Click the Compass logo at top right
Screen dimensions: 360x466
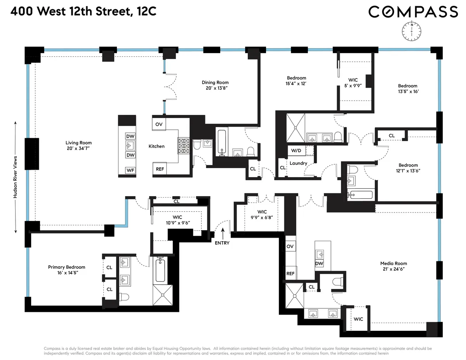[413, 12]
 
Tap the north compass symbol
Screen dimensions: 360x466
[411, 31]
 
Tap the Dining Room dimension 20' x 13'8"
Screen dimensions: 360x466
[215, 88]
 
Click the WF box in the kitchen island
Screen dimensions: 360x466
[130, 170]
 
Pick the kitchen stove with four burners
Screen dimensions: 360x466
[183, 146]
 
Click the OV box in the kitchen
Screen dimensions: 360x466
[159, 124]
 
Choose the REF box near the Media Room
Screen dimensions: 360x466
[290, 273]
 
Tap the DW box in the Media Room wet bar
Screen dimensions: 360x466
[319, 264]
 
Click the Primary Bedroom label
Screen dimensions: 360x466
[66, 267]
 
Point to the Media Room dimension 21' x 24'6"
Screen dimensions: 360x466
[394, 269]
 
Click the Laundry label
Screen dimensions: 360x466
[298, 163]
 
